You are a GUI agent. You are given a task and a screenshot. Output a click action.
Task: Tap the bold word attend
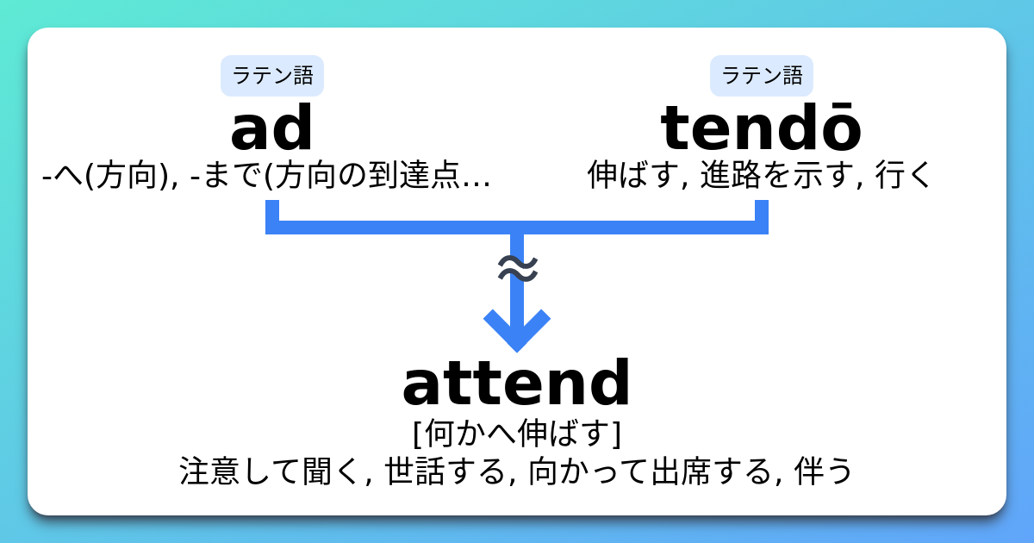(x=517, y=384)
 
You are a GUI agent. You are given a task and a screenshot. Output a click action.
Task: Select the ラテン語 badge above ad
(x=272, y=76)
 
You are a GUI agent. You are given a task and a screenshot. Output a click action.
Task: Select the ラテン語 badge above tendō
(x=762, y=76)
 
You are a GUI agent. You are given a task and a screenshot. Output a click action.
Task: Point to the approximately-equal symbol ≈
(x=517, y=269)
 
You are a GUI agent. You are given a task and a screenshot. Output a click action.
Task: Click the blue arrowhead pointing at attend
(x=517, y=332)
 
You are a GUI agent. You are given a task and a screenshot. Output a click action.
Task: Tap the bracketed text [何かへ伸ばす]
(x=517, y=433)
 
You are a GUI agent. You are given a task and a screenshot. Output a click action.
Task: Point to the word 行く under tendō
(x=904, y=176)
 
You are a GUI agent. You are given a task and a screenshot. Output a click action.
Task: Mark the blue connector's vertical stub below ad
(x=272, y=214)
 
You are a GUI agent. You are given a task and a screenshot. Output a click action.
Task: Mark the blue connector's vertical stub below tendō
(x=762, y=214)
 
